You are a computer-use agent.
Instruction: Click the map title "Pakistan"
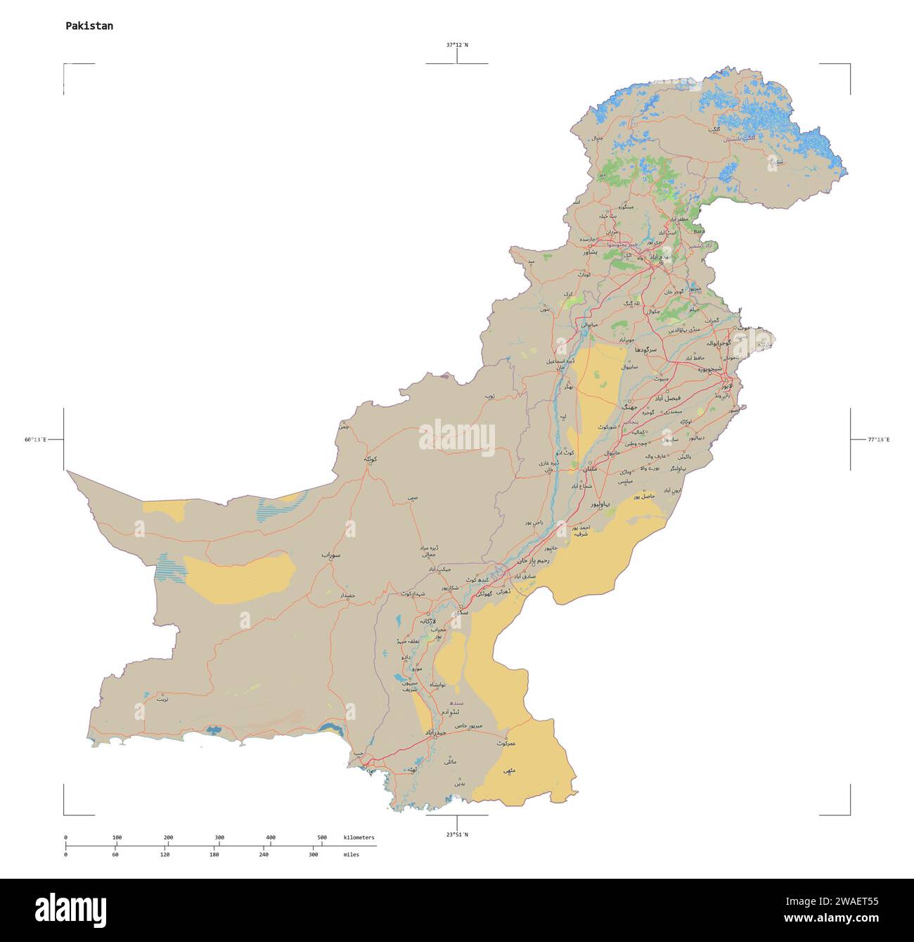coord(89,26)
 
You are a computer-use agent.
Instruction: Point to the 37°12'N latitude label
coord(457,45)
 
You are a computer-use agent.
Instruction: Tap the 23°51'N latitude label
coord(457,834)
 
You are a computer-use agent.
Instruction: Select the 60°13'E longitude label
coord(35,440)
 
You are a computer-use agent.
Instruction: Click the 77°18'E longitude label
coord(878,440)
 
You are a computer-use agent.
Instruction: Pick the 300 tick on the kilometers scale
coord(219,837)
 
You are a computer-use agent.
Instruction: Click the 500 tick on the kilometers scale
coord(322,837)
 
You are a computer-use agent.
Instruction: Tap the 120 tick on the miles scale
coord(165,854)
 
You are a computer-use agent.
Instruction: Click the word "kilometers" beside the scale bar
coord(359,837)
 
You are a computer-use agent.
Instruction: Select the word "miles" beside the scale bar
coord(351,854)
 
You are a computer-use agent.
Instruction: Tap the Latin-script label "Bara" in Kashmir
coord(699,231)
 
